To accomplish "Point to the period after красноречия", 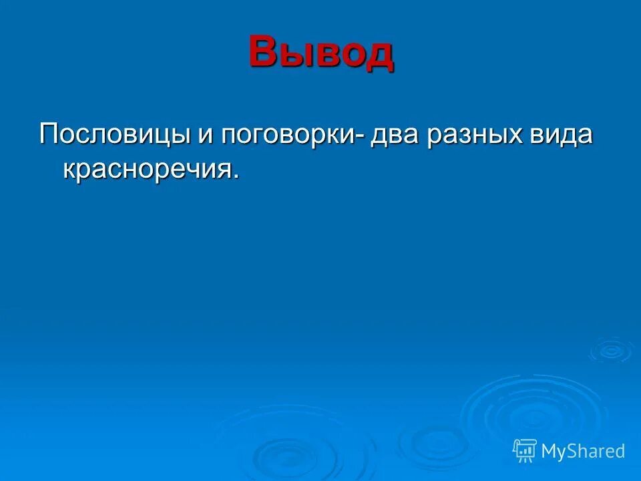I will click(x=235, y=176).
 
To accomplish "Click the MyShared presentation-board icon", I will click(x=524, y=451).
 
